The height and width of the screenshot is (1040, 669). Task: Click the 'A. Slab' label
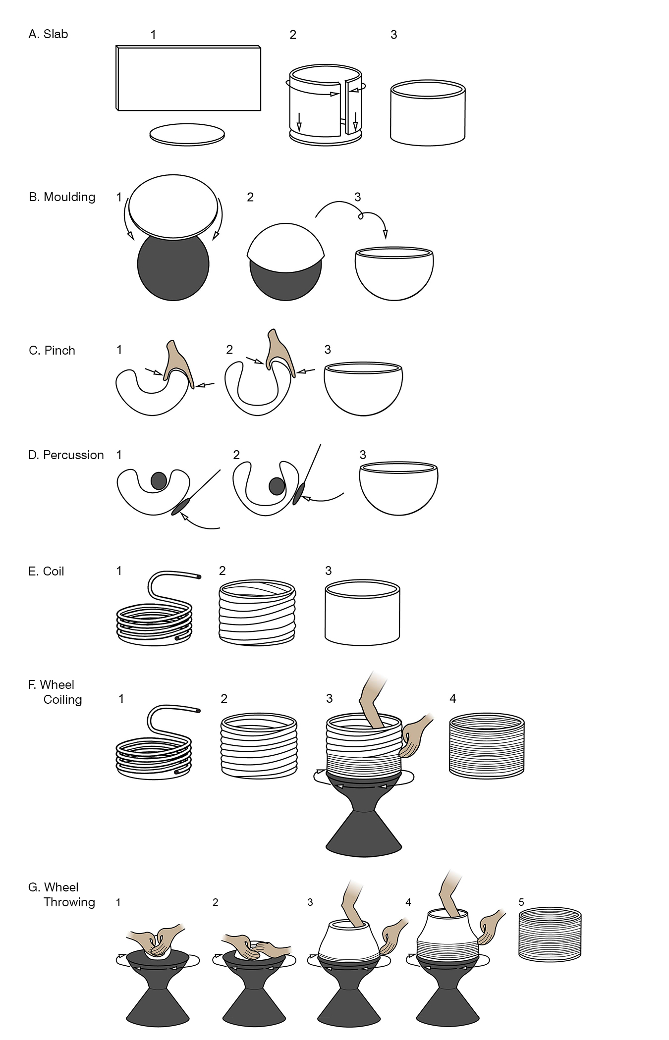[x=48, y=34]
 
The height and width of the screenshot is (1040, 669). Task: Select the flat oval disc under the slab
[x=187, y=134]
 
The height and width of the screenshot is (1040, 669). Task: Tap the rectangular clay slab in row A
[x=189, y=78]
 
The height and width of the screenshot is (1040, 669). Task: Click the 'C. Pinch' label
[x=52, y=351]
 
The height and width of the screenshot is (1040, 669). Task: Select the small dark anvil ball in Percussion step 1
[x=159, y=480]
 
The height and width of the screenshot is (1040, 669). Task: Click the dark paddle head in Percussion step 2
[x=297, y=494]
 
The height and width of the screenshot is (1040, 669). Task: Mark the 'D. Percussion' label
[x=66, y=455]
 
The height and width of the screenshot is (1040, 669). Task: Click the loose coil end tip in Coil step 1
[x=199, y=577]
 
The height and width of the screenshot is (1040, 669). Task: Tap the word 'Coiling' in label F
[x=62, y=700]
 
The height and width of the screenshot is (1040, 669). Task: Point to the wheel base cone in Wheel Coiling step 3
[x=363, y=834]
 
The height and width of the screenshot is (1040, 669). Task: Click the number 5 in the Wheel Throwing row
[x=521, y=902]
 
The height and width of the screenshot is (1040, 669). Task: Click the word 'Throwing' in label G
[x=69, y=902]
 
